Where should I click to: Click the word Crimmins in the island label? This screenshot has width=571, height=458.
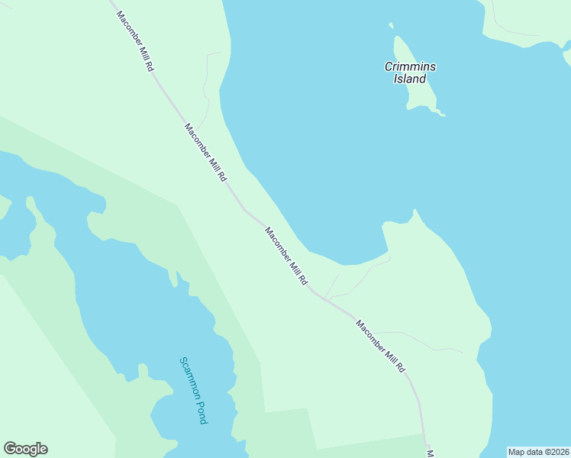[x=410, y=66]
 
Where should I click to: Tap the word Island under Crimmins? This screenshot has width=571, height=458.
[x=410, y=79]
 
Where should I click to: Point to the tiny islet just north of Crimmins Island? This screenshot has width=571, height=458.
[x=392, y=25]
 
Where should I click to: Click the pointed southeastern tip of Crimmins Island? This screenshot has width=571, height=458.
[x=443, y=115]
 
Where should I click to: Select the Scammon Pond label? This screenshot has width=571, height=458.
[x=194, y=390]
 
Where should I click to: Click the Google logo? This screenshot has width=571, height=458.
[x=25, y=449]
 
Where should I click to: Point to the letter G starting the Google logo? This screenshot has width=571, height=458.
[x=10, y=449]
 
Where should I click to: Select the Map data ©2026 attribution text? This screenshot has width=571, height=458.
[x=538, y=452]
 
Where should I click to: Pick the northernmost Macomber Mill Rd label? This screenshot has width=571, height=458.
[x=135, y=41]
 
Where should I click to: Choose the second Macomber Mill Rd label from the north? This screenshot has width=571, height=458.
[x=206, y=152]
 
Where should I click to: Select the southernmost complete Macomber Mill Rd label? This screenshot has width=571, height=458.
[x=380, y=346]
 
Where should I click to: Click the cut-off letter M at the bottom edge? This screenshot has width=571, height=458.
[x=430, y=453]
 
